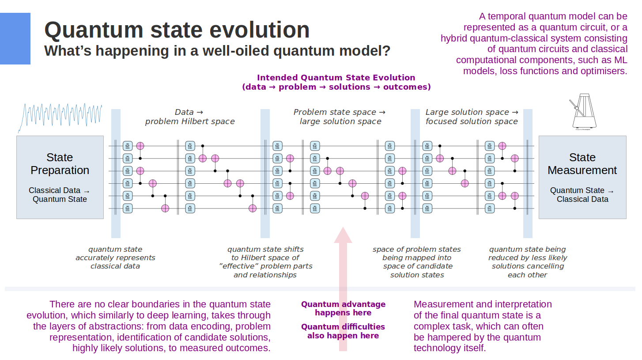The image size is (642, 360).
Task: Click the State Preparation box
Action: pyautogui.click(x=60, y=177)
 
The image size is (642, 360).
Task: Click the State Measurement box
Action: pyautogui.click(x=582, y=177)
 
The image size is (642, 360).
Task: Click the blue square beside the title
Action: pyautogui.click(x=15, y=38)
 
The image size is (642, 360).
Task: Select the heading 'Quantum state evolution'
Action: pyautogui.click(x=177, y=30)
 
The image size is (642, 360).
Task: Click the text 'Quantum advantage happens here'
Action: pyautogui.click(x=343, y=308)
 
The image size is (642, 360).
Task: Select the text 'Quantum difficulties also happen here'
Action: pyautogui.click(x=343, y=331)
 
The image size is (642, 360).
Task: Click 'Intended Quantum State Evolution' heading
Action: pyautogui.click(x=336, y=78)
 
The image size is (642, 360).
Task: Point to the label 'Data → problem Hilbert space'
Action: pyautogui.click(x=190, y=117)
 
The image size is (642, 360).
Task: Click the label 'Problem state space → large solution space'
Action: pyautogui.click(x=340, y=117)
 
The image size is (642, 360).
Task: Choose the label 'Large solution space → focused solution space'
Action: pyautogui.click(x=472, y=117)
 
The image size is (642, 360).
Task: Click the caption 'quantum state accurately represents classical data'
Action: pyautogui.click(x=115, y=258)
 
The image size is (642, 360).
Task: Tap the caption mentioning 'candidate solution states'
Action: pyautogui.click(x=417, y=262)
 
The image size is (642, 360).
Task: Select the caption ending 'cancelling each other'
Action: pyautogui.click(x=528, y=262)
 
